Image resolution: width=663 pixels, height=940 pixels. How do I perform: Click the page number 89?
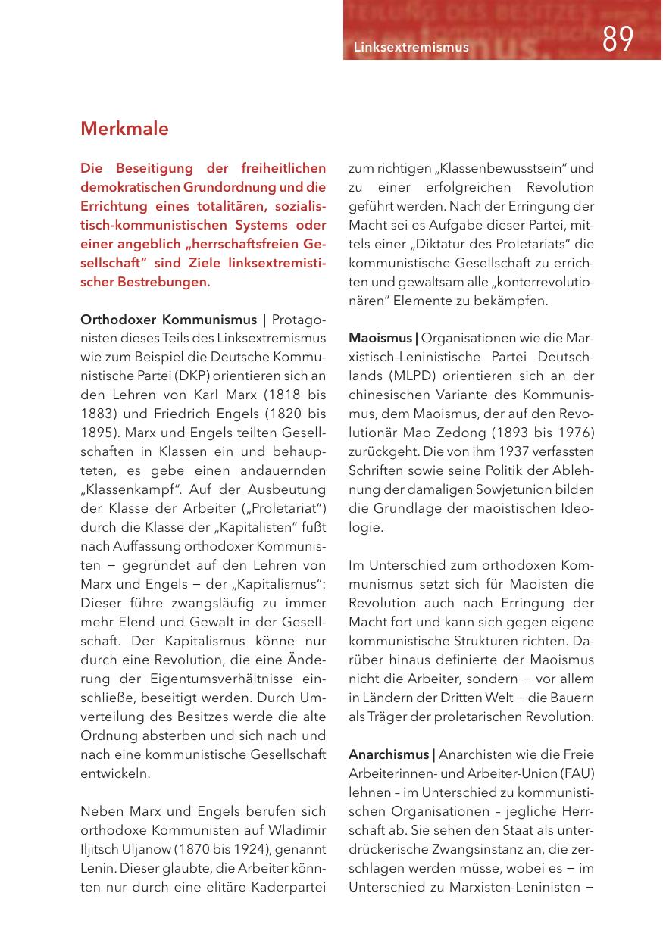[x=618, y=39]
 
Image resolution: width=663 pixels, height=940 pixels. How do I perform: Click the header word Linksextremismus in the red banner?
[x=411, y=48]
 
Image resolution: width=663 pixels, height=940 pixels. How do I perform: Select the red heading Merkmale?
[x=124, y=129]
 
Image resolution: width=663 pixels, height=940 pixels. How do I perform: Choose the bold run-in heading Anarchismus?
[x=389, y=754]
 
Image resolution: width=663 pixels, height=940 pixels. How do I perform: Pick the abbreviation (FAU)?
[x=577, y=773]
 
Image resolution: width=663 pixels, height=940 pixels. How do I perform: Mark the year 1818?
[x=266, y=395]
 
